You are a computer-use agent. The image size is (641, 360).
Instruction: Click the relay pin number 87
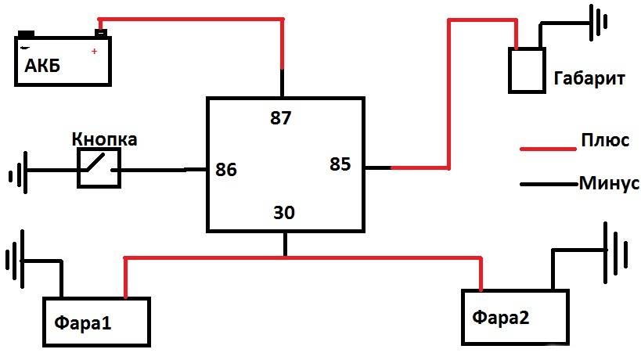tap(280, 117)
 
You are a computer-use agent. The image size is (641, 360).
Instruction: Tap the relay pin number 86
tap(226, 170)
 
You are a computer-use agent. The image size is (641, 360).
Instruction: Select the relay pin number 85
tap(340, 164)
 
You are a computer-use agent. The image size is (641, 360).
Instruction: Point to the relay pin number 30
tap(284, 213)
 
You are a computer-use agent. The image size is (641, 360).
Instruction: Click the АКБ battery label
tap(42, 66)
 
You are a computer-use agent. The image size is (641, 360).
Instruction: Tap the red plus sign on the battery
tap(95, 51)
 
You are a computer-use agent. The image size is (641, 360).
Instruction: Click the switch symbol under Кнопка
tap(99, 168)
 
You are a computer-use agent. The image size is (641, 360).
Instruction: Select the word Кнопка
tap(104, 139)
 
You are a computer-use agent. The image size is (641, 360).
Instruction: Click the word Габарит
tap(589, 78)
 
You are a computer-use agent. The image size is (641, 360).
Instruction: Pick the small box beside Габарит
tap(527, 70)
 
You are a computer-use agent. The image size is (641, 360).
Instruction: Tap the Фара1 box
tap(97, 322)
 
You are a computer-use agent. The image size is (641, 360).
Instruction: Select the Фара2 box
tap(515, 318)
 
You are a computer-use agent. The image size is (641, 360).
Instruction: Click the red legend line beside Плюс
tap(548, 149)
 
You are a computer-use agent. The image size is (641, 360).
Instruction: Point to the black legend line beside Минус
tap(550, 184)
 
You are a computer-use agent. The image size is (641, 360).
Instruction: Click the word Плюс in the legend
tap(605, 140)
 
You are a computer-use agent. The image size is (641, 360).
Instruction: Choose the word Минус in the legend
tap(609, 182)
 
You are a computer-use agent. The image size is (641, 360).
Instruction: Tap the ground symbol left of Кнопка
tap(19, 172)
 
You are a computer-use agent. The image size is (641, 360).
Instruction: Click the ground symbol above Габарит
tap(599, 23)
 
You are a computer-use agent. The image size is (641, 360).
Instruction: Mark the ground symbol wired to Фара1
tap(15, 260)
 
